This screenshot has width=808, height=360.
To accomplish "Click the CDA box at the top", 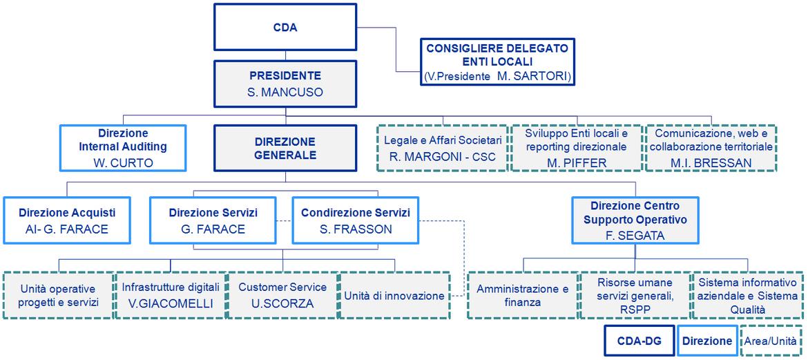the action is point(285,28).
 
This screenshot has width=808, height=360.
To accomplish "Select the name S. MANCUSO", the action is point(285,93).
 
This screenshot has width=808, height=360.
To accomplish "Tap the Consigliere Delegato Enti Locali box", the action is point(497,62).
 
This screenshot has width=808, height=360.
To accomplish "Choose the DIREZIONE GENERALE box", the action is point(285,148).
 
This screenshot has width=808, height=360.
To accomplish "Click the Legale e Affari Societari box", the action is point(443,148).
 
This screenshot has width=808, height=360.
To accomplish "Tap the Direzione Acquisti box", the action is point(67,220).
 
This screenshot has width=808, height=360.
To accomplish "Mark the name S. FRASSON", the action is point(356,229).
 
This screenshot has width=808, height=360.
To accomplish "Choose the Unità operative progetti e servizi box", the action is point(58,296).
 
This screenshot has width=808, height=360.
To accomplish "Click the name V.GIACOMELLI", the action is point(171,304).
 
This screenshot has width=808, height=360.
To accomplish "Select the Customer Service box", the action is point(282,296).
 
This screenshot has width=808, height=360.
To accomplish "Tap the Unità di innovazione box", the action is point(395,296).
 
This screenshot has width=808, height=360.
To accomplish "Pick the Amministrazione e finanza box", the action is point(523,296).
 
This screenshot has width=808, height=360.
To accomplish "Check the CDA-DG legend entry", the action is point(639,341).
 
